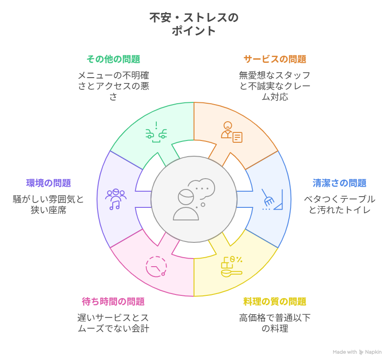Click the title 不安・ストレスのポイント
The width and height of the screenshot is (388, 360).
194,24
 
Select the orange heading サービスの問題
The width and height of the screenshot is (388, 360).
274,59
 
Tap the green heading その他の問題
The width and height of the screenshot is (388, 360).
113,59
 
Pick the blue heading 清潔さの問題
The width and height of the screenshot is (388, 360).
339,183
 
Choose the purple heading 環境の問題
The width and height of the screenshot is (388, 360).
48,183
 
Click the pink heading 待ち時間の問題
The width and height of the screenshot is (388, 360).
113,301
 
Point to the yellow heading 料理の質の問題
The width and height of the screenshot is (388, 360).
274,301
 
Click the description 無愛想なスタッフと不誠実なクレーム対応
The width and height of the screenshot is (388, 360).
274,86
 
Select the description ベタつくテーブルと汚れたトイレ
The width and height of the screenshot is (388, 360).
339,204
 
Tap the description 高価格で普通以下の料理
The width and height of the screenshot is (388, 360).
274,323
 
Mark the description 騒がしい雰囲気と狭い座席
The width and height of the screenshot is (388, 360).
48,204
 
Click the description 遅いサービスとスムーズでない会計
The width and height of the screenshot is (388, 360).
113,323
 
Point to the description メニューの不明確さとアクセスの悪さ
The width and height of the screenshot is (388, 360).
113,86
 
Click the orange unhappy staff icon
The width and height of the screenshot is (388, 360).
231,131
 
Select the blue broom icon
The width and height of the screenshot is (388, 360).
272,199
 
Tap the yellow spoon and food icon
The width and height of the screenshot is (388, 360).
231,267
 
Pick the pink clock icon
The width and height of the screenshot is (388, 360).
156,267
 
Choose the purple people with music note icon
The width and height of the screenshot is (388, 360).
116,199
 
